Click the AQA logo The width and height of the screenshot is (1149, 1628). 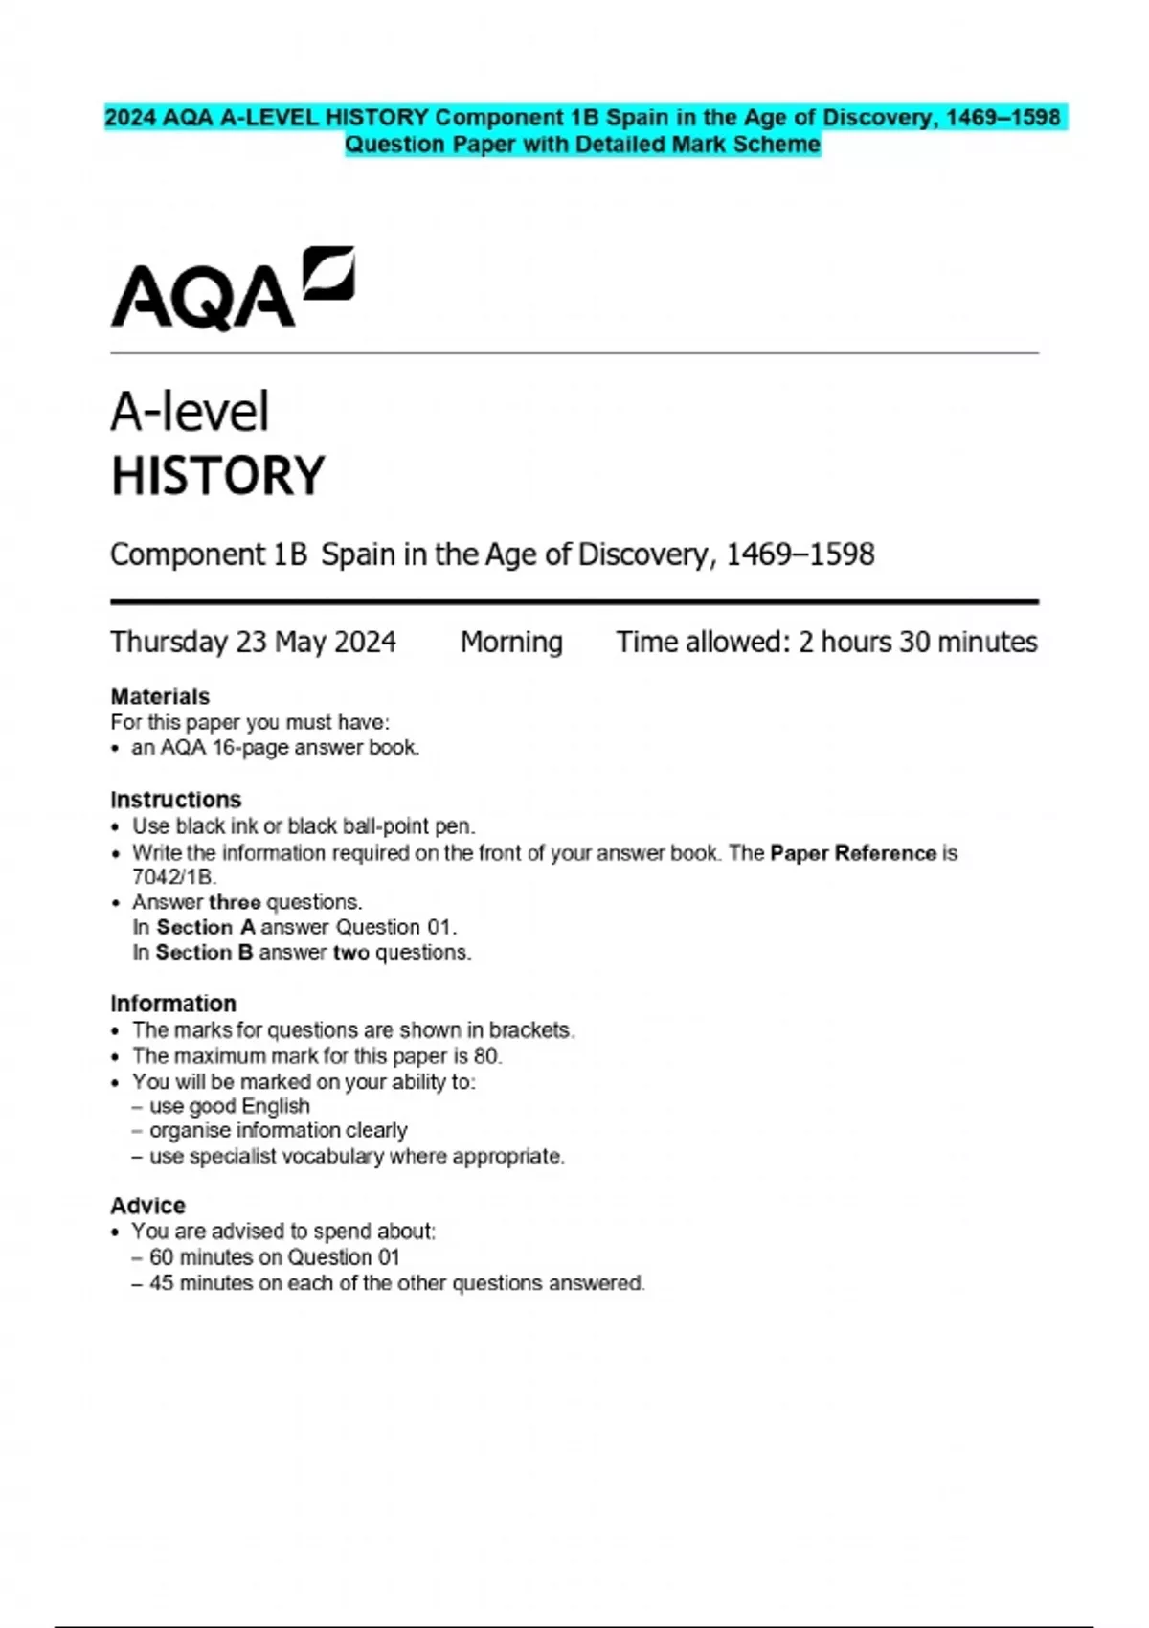click(x=233, y=289)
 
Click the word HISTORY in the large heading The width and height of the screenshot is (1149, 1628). click(x=218, y=476)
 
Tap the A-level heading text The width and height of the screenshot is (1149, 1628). click(x=190, y=413)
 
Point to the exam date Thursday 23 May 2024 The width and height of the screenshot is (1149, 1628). click(x=253, y=642)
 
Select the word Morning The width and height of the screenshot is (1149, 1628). click(x=511, y=642)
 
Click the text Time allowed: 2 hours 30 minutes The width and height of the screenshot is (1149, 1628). click(x=826, y=642)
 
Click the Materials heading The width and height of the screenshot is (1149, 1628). click(x=160, y=696)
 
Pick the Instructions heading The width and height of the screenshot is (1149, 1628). click(x=176, y=800)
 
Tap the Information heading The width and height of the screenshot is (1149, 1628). click(x=173, y=1004)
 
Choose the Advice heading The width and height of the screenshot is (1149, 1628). click(x=147, y=1206)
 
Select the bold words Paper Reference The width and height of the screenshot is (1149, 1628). click(x=853, y=853)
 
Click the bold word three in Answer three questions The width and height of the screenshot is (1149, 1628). click(x=235, y=902)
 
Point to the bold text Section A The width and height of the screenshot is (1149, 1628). click(x=206, y=927)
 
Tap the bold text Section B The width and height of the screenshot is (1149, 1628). click(x=204, y=953)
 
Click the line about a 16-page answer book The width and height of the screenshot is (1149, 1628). click(x=275, y=747)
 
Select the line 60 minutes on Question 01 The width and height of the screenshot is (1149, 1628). click(x=274, y=1257)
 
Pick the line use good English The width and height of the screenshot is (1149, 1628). click(x=230, y=1106)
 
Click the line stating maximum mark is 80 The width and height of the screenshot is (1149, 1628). click(x=317, y=1055)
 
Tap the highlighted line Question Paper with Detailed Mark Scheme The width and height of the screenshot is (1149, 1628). click(x=582, y=145)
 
